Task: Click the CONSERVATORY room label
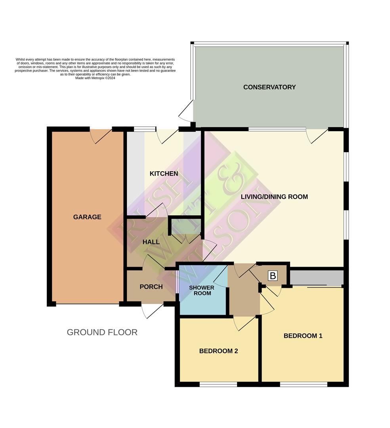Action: (x=269, y=87)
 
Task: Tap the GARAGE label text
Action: (x=87, y=217)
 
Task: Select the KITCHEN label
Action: (x=164, y=174)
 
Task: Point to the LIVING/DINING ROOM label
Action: (x=274, y=197)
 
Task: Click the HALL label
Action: (x=151, y=242)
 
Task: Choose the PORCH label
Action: (x=151, y=287)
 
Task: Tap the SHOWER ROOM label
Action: (x=201, y=290)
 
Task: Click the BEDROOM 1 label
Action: (x=303, y=336)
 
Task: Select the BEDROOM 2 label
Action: (x=218, y=351)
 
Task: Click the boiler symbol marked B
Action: (x=273, y=276)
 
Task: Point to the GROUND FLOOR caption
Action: (x=102, y=332)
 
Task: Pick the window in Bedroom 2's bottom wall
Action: (x=218, y=384)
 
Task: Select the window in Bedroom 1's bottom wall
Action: (x=303, y=384)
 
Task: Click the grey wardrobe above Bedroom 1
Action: (x=316, y=278)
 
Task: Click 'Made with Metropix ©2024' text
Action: (x=95, y=78)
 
